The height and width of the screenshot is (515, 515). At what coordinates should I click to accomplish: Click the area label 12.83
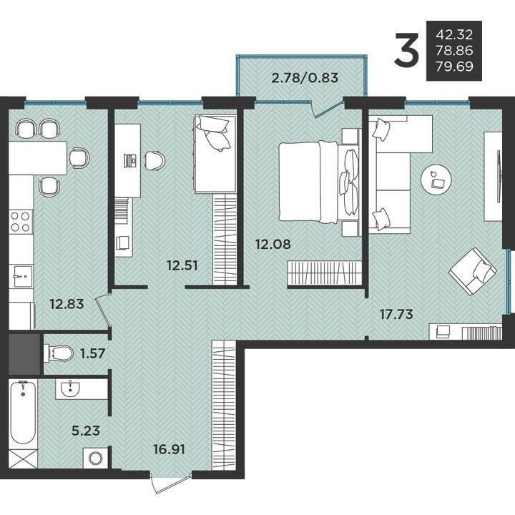67,304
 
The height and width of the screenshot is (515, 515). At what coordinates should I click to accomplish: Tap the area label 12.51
182,265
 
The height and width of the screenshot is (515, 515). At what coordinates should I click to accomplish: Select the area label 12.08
273,244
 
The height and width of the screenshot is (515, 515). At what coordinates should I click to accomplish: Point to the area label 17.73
396,314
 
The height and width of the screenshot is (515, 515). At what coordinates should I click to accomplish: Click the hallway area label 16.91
169,449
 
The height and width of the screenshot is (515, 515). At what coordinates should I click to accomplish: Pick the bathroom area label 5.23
86,431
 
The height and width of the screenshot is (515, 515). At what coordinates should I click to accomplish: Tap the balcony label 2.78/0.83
305,78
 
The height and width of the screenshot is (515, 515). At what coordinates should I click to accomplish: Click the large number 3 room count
407,49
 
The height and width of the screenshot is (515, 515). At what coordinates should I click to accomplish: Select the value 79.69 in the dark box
455,67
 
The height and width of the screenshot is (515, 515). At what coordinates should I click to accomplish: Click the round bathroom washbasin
70,389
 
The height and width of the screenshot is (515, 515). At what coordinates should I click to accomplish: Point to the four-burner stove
21,222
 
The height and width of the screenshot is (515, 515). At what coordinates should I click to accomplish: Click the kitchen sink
21,277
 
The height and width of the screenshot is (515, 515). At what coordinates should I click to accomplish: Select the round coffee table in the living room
436,180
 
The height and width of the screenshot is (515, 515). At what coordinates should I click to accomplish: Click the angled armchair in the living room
473,271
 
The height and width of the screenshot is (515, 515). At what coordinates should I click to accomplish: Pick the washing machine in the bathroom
95,458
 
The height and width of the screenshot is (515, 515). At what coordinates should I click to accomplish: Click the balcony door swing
327,109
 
